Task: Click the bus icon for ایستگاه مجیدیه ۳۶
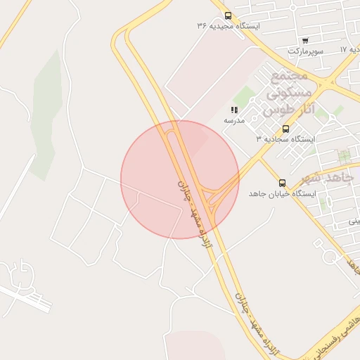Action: [x=227, y=15]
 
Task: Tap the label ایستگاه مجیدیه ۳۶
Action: [x=229, y=26]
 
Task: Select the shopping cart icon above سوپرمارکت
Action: [x=304, y=41]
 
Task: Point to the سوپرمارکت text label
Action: [x=304, y=51]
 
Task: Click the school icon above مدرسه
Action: [x=234, y=110]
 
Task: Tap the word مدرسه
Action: [x=234, y=121]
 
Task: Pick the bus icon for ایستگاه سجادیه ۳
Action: [x=285, y=129]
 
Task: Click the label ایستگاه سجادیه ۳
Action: [x=285, y=139]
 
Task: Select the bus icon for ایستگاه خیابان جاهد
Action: [x=283, y=183]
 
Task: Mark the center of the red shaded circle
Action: [x=179, y=179]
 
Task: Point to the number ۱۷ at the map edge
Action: [x=343, y=50]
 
